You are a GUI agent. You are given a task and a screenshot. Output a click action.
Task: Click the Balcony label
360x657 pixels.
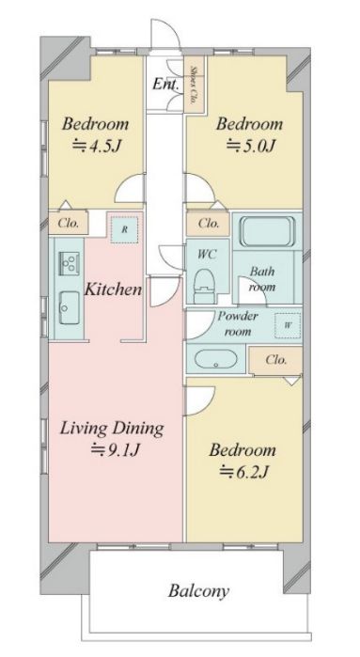coord(198,591)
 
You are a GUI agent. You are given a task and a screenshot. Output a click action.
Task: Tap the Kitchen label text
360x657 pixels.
coord(113,289)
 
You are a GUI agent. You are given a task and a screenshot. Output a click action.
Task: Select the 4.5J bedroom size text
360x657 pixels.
coord(98,147)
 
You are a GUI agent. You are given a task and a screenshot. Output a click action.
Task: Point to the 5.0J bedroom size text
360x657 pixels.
coord(251,147)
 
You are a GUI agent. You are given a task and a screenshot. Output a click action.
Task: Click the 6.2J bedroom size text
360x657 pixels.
coord(244,472)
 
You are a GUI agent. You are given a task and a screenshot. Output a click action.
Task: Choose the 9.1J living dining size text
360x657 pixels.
coord(116,450)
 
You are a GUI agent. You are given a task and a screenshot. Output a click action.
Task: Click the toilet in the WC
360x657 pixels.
coord(204,286)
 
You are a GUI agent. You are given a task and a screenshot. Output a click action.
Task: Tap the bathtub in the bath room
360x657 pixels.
coord(267,231)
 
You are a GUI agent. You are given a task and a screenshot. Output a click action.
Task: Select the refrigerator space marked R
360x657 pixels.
coord(124,229)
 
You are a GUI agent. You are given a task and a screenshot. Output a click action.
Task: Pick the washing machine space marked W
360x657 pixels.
coord(288,325)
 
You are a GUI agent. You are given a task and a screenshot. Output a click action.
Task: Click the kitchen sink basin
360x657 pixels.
coord(70,308)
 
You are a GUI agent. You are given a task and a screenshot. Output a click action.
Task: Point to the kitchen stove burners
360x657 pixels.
coord(68,263)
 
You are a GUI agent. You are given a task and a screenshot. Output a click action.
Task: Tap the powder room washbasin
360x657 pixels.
coord(216,360)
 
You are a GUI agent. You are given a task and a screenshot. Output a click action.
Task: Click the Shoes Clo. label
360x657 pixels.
coord(194,85)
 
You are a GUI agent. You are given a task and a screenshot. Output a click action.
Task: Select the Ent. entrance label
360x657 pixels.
coord(165,84)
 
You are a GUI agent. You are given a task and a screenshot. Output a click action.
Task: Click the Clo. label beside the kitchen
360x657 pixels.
coord(69,224)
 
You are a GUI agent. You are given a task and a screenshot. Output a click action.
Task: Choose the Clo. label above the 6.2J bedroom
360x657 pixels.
coord(276,360)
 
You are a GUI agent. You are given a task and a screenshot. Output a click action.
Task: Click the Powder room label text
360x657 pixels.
coord(238,323)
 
